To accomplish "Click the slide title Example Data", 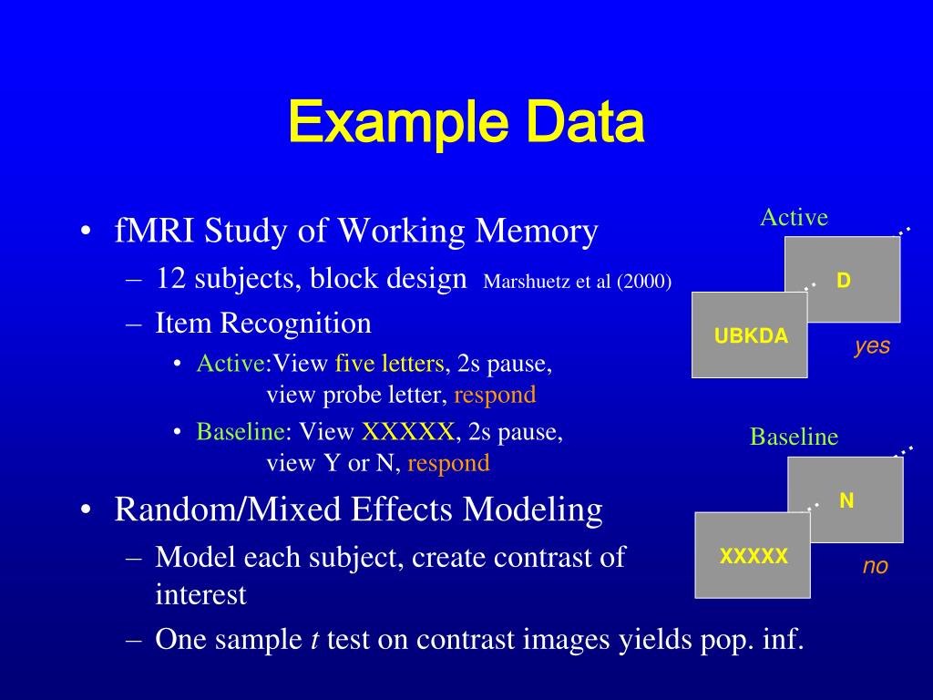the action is pyautogui.click(x=466, y=123).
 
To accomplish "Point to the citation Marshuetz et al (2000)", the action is pyautogui.click(x=578, y=282).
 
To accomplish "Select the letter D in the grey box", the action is pyautogui.click(x=844, y=280).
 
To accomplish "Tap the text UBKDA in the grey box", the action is pyautogui.click(x=751, y=335).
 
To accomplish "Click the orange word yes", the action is pyautogui.click(x=872, y=346).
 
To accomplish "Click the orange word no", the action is pyautogui.click(x=875, y=566).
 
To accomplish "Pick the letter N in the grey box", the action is pyautogui.click(x=846, y=500).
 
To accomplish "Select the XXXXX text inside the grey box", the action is pyautogui.click(x=754, y=556).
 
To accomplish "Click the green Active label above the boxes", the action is pyautogui.click(x=794, y=217).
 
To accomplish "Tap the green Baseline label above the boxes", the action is pyautogui.click(x=794, y=437).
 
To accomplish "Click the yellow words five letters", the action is pyautogui.click(x=390, y=365).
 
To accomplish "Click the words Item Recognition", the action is pyautogui.click(x=263, y=323).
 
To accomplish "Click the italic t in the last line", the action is pyautogui.click(x=314, y=640).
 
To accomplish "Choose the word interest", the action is pyautogui.click(x=200, y=594).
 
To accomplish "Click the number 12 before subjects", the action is pyautogui.click(x=171, y=278).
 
